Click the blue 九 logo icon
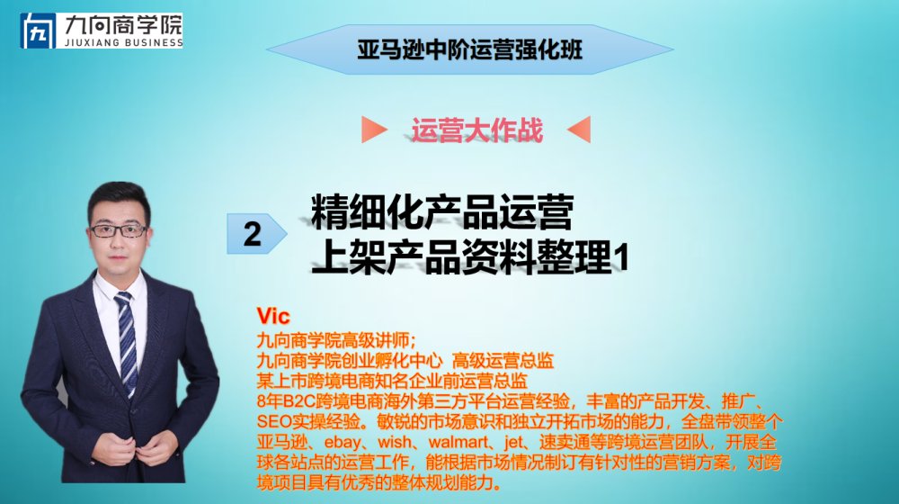click(38, 31)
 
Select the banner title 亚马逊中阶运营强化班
click(469, 49)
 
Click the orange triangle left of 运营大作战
click(374, 130)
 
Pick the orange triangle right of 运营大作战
click(578, 130)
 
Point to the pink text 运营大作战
click(477, 130)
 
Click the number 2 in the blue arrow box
click(253, 234)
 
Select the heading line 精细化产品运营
click(442, 211)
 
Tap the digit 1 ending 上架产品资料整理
click(622, 257)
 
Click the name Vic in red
click(273, 316)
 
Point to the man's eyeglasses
click(120, 230)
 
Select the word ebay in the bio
click(343, 443)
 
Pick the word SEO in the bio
click(274, 422)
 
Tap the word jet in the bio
click(513, 443)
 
